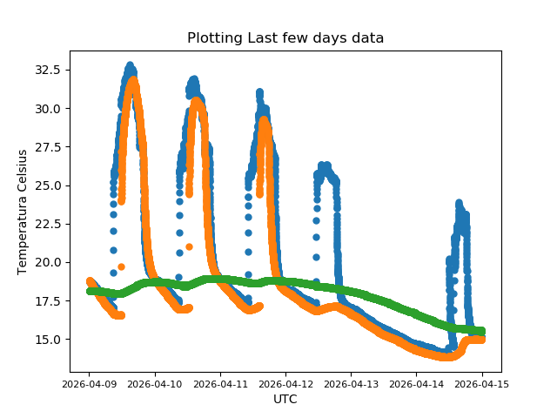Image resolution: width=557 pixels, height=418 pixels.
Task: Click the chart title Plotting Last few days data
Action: (x=285, y=38)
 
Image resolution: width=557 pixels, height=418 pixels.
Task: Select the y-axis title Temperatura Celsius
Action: (x=23, y=212)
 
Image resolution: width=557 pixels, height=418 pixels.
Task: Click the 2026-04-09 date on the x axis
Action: (x=90, y=383)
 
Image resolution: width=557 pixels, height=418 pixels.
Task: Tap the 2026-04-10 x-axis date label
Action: (x=155, y=383)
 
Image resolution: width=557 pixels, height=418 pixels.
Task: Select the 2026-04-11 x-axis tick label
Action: (x=220, y=383)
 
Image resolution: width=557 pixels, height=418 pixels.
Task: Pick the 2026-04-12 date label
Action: (x=285, y=383)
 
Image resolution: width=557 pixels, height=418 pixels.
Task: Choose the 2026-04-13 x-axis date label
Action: (x=351, y=383)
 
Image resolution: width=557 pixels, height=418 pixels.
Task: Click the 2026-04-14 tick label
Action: (x=416, y=383)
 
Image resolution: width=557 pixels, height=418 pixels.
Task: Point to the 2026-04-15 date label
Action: (x=481, y=383)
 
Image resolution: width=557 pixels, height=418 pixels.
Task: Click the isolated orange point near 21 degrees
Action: (x=189, y=246)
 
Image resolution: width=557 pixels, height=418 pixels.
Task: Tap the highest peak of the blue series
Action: (x=131, y=65)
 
